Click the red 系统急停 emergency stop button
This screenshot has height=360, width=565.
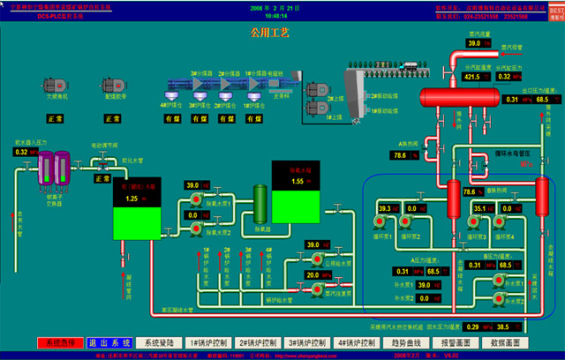pyautogui.click(x=60, y=342)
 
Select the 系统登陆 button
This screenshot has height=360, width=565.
pyautogui.click(x=160, y=342)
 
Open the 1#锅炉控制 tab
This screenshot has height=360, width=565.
pyautogui.click(x=210, y=342)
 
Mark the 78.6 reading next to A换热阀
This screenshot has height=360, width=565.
pyautogui.click(x=399, y=156)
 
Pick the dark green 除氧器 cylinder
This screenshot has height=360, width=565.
pyautogui.click(x=261, y=205)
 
